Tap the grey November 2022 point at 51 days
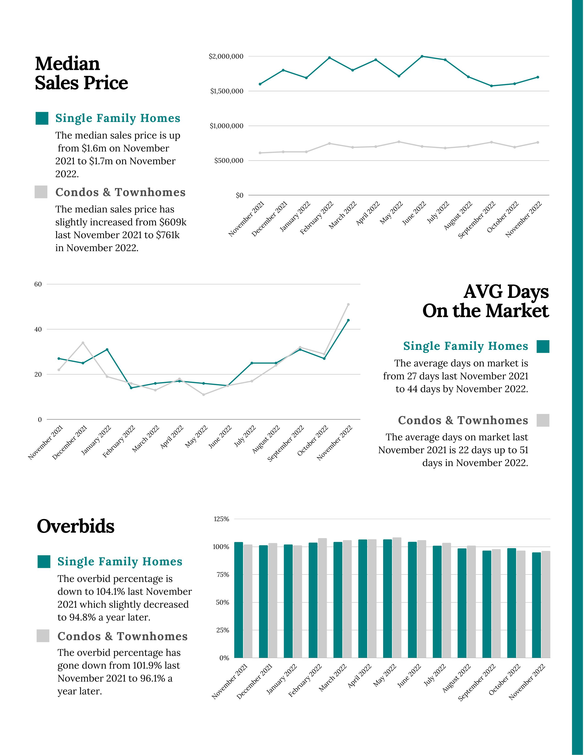(348, 305)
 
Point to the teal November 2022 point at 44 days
(348, 320)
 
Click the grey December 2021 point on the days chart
(83, 343)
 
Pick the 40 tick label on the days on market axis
(38, 329)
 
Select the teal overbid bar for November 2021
(238, 600)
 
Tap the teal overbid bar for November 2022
(536, 605)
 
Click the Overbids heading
(75, 526)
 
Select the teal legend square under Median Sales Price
(42, 118)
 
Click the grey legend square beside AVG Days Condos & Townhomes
(543, 420)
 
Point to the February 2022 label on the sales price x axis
(316, 218)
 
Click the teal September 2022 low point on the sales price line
(491, 86)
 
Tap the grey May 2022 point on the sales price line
(399, 142)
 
